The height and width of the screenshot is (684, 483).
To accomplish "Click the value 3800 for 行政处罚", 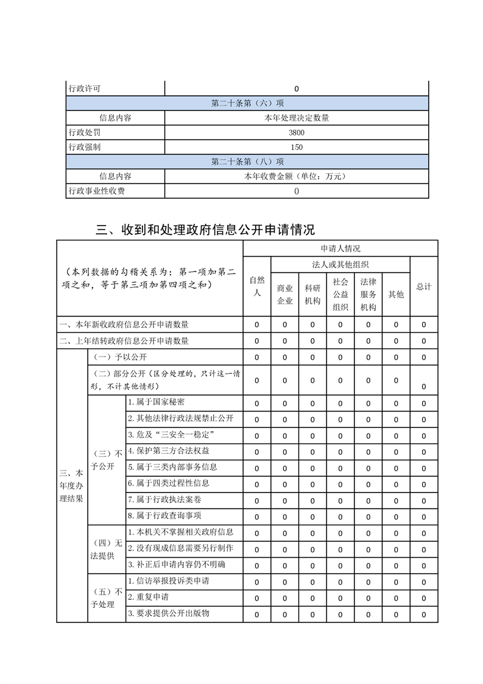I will pos(297,132).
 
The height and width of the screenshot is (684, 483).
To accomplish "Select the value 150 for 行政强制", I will pos(297,147).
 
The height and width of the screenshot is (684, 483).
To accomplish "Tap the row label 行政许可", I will pos(85,88).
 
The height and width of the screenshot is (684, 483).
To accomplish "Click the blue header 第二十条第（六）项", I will pos(247,103).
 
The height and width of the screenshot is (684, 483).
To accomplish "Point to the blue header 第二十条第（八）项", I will pos(247,162).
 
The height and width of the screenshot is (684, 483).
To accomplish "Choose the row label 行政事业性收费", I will pos(97,191).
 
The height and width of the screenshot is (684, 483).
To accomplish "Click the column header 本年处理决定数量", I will pos(297,118).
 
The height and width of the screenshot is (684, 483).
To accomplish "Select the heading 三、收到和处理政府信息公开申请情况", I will pos(206,230).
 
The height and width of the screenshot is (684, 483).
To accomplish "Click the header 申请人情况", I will pos(340,249).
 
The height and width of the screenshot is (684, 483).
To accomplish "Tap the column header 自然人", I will pos(257,287).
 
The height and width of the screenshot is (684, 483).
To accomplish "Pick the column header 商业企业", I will pos(285,294).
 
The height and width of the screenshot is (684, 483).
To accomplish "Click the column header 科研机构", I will pos(312,294).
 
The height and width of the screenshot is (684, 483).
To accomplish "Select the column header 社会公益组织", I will pos(340,294).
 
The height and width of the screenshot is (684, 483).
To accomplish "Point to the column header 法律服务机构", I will pos(368,294).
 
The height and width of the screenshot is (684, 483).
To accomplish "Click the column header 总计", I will pos(424,287).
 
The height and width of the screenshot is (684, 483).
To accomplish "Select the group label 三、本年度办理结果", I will pos(71,486).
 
